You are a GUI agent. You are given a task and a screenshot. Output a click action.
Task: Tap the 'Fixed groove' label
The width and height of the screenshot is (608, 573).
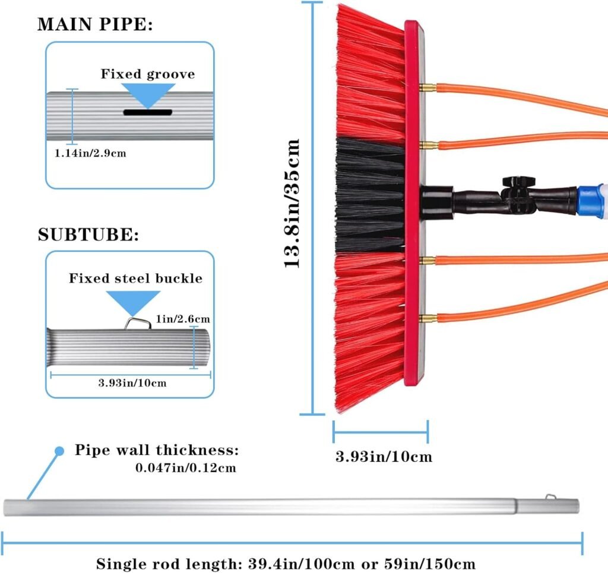(x=147, y=74)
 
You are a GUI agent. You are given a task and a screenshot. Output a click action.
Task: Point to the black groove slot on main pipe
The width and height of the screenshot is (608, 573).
(x=147, y=112)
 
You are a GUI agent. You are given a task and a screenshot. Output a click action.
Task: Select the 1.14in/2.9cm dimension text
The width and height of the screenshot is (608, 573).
(x=90, y=153)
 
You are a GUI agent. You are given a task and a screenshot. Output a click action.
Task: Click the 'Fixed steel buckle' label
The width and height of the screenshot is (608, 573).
(x=135, y=278)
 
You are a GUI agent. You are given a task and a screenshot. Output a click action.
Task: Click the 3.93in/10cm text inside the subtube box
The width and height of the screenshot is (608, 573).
(x=132, y=382)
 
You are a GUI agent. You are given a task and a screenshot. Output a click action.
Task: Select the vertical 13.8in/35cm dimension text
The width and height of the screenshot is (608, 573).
(x=292, y=204)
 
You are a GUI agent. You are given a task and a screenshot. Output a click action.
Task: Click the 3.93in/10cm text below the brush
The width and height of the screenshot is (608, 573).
(x=384, y=457)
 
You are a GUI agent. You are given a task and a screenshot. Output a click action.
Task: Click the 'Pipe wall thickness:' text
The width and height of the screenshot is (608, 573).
(x=157, y=449)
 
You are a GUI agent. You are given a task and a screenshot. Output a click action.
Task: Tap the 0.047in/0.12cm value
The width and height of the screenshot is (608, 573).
(x=186, y=468)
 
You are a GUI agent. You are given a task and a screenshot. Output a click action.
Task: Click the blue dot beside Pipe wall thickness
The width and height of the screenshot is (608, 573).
(x=59, y=451)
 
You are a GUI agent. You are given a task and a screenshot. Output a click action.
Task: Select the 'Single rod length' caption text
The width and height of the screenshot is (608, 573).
(x=286, y=562)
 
